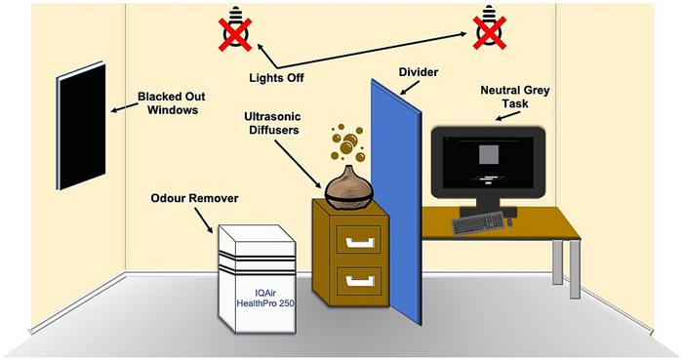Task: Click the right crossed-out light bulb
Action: click(x=486, y=30)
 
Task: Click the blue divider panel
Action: click(x=395, y=205)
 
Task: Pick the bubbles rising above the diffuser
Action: click(x=346, y=144)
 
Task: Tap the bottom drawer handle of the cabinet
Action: click(x=358, y=281)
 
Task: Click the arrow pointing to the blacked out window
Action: click(x=122, y=110)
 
